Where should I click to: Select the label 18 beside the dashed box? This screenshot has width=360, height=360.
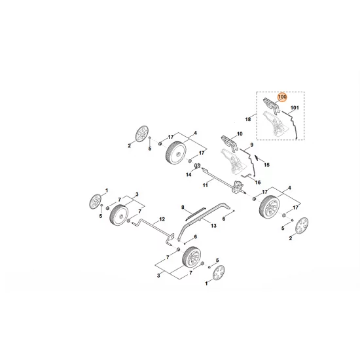point(249,120)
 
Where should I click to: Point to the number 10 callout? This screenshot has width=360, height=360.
point(239,135)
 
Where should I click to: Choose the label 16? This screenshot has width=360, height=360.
point(258,182)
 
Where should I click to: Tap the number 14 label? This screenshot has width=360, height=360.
point(187,175)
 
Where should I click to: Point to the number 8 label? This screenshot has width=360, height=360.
point(184,207)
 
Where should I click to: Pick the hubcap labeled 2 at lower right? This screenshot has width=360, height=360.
point(300,227)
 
